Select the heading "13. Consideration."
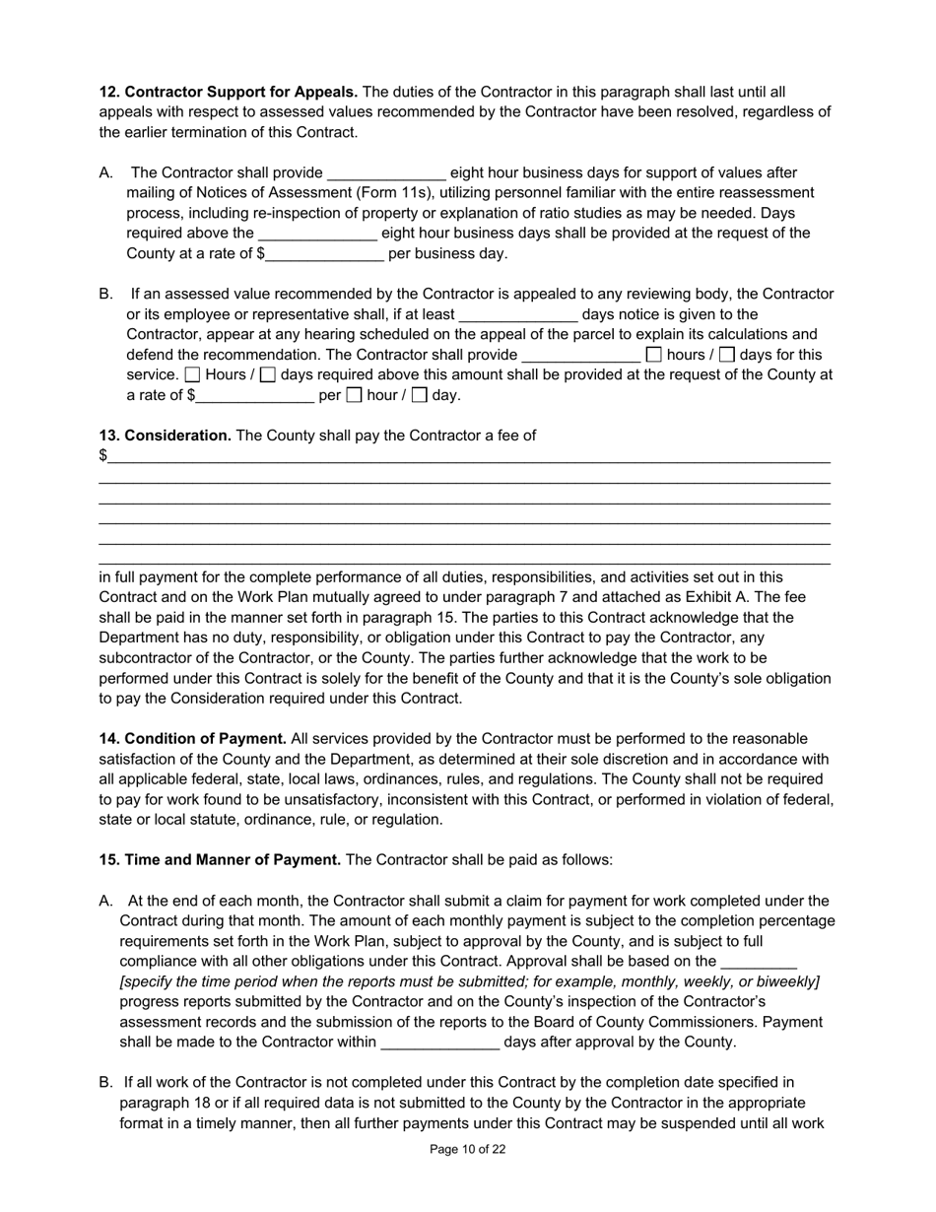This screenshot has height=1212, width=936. point(165,436)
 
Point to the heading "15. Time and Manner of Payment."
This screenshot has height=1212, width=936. point(220,860)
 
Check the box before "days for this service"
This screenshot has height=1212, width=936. point(727,355)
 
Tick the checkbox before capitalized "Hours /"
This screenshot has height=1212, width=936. point(193,375)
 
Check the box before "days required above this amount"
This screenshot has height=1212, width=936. point(268,375)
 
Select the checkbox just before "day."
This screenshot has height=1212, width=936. point(420,396)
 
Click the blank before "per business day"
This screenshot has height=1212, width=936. point(324,254)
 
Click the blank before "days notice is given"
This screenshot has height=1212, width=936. point(518,315)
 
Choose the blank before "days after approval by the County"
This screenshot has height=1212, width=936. point(439,1043)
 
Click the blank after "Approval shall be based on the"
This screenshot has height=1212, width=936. point(759,962)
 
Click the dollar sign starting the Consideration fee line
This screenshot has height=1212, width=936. point(102,455)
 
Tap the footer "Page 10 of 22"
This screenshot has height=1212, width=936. point(468,1149)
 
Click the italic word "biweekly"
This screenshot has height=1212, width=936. point(787,982)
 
